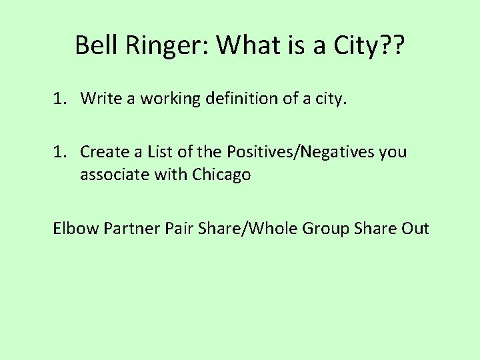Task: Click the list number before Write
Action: [62, 99]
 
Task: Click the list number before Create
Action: [62, 152]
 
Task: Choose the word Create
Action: [102, 152]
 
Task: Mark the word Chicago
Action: [222, 175]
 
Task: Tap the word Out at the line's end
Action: [415, 229]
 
